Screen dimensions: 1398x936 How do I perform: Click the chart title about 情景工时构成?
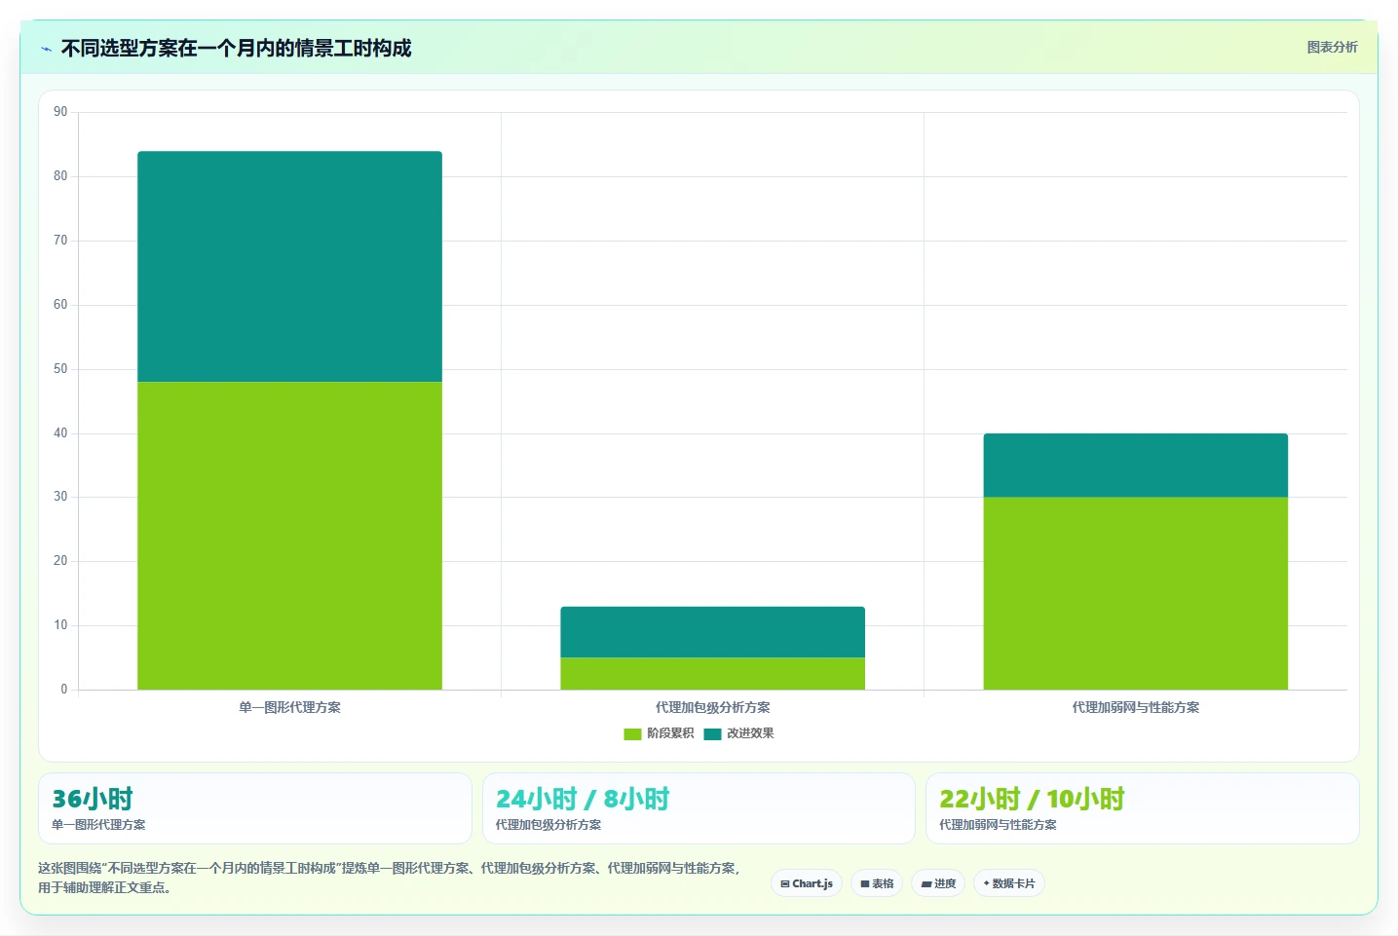coord(236,48)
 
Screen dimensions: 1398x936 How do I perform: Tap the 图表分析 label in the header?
coord(1332,48)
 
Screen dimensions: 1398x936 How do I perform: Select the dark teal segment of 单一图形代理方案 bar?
coord(289,267)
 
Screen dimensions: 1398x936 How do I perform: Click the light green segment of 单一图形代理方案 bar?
coord(289,536)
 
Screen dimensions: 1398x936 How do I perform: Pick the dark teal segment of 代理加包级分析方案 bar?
coord(712,632)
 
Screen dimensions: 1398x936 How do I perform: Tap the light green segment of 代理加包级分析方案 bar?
coord(712,673)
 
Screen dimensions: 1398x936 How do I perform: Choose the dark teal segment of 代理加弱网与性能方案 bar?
coord(1135,466)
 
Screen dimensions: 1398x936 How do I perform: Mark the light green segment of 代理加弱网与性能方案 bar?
coord(1135,593)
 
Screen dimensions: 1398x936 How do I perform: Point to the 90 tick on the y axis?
coord(60,112)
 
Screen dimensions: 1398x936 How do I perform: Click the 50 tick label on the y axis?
coord(60,369)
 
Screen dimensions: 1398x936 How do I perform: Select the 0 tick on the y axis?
coord(63,690)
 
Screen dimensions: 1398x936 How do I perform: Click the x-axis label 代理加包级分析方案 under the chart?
coord(712,708)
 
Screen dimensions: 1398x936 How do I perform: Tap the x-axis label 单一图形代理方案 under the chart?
coord(289,708)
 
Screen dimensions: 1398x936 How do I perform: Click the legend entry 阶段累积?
coord(659,733)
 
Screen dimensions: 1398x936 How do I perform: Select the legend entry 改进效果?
coord(738,733)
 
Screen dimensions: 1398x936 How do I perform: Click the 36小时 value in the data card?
coord(93,799)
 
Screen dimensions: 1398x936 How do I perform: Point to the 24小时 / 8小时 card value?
coord(583,799)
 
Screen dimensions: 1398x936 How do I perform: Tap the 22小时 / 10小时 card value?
coord(1032,799)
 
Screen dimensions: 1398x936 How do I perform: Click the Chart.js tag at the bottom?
coord(807,883)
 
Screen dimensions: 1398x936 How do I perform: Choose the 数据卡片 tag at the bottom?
coord(1008,883)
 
